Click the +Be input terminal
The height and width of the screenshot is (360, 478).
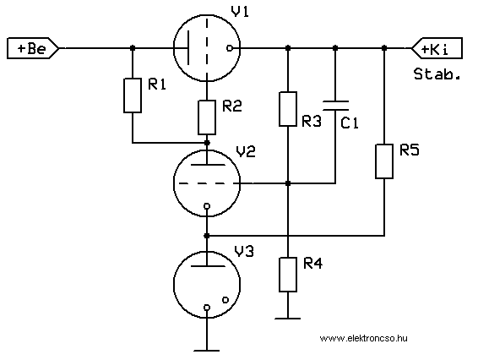pyautogui.click(x=33, y=48)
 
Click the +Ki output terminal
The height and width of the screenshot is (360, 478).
pyautogui.click(x=437, y=48)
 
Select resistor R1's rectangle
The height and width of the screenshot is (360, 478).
pyautogui.click(x=133, y=95)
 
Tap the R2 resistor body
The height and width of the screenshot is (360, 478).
pyautogui.click(x=207, y=117)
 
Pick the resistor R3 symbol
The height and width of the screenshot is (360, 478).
pyautogui.click(x=288, y=109)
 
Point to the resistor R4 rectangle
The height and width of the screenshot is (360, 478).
pyautogui.click(x=288, y=275)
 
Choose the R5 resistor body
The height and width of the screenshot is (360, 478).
pyautogui.click(x=384, y=161)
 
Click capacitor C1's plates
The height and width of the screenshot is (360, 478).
pyautogui.click(x=335, y=106)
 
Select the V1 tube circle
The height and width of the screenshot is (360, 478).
pyautogui.click(x=207, y=48)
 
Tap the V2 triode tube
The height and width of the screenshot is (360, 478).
pyautogui.click(x=207, y=183)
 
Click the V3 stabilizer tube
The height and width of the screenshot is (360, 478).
pyautogui.click(x=207, y=284)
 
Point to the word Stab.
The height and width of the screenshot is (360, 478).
pyautogui.click(x=437, y=74)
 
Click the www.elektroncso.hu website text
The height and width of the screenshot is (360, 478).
pyautogui.click(x=363, y=338)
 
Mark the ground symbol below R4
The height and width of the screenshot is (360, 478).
pyautogui.click(x=288, y=319)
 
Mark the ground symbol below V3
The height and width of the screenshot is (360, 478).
pyautogui.click(x=207, y=351)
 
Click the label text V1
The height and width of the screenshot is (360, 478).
pyautogui.click(x=240, y=12)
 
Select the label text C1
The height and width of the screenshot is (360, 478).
pyautogui.click(x=350, y=123)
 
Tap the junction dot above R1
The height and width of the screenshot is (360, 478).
pyautogui.click(x=133, y=48)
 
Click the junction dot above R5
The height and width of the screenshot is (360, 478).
pyautogui.click(x=384, y=48)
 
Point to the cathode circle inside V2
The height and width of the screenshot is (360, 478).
pyautogui.click(x=207, y=206)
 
